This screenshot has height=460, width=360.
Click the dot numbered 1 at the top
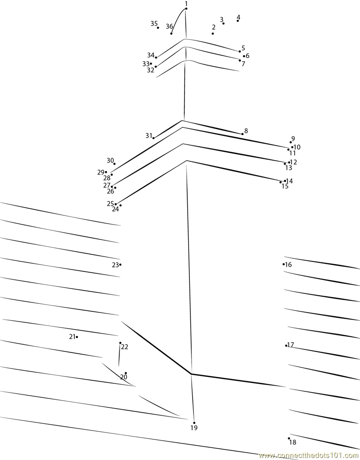(186, 9)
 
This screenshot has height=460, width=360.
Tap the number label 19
(193, 428)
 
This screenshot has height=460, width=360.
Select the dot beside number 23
(120, 265)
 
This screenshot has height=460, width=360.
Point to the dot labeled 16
(283, 264)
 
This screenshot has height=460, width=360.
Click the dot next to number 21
(77, 337)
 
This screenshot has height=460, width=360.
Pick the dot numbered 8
(243, 134)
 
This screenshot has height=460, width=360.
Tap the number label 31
(149, 135)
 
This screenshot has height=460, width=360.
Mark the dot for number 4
(238, 21)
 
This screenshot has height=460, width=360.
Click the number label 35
(154, 23)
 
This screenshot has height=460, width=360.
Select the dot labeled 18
(289, 438)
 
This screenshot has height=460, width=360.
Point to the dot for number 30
(114, 164)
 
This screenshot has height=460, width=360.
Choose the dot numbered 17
(286, 346)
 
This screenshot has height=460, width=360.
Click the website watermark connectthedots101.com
(309, 455)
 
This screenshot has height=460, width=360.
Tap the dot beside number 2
(213, 33)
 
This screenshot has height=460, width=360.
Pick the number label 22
(124, 347)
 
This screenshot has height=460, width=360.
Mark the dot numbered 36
(171, 33)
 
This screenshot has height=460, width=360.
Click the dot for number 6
(244, 56)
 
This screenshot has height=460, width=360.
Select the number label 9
(293, 139)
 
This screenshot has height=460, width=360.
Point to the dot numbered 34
(156, 58)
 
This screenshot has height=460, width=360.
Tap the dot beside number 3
(224, 23)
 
